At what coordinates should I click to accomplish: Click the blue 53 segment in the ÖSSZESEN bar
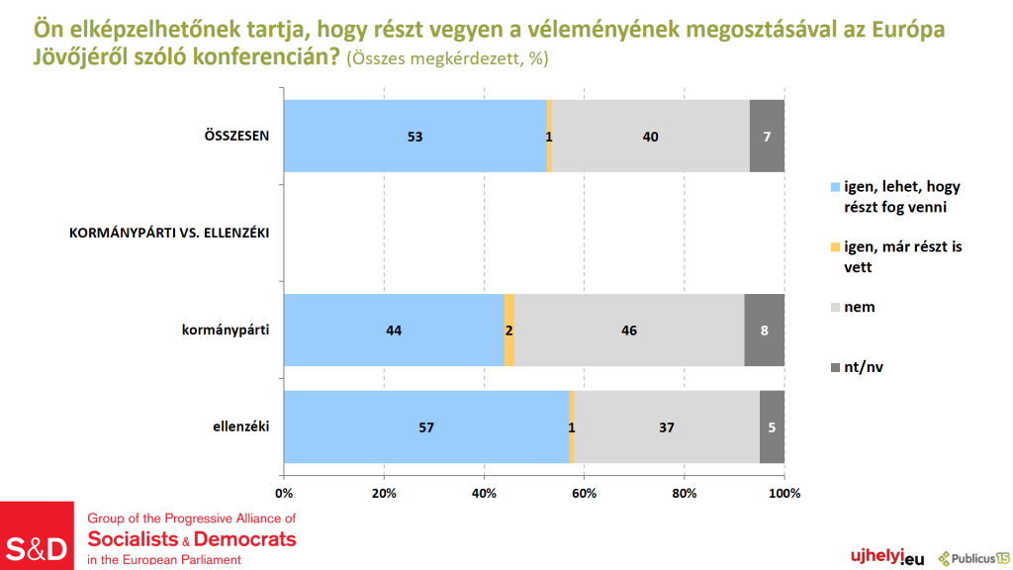click(414, 137)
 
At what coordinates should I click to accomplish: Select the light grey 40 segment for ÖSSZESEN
click(650, 137)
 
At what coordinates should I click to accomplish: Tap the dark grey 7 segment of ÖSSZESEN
click(767, 137)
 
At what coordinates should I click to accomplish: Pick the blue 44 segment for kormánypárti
click(394, 331)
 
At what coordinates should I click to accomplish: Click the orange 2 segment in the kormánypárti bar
click(509, 331)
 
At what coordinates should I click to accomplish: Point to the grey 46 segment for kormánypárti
click(629, 331)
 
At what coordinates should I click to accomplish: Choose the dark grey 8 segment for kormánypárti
click(764, 331)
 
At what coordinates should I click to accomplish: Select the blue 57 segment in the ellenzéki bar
click(426, 427)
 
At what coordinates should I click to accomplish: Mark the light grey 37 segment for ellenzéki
click(667, 427)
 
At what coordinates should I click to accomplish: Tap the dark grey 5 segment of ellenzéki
click(772, 427)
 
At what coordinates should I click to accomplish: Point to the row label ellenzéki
click(241, 427)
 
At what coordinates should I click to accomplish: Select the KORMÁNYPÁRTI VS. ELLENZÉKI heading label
click(169, 234)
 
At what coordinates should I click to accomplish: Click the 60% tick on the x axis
click(584, 493)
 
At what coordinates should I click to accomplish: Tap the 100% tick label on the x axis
click(783, 493)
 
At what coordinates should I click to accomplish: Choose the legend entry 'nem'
click(859, 307)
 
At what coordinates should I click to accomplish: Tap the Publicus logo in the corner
click(974, 558)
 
